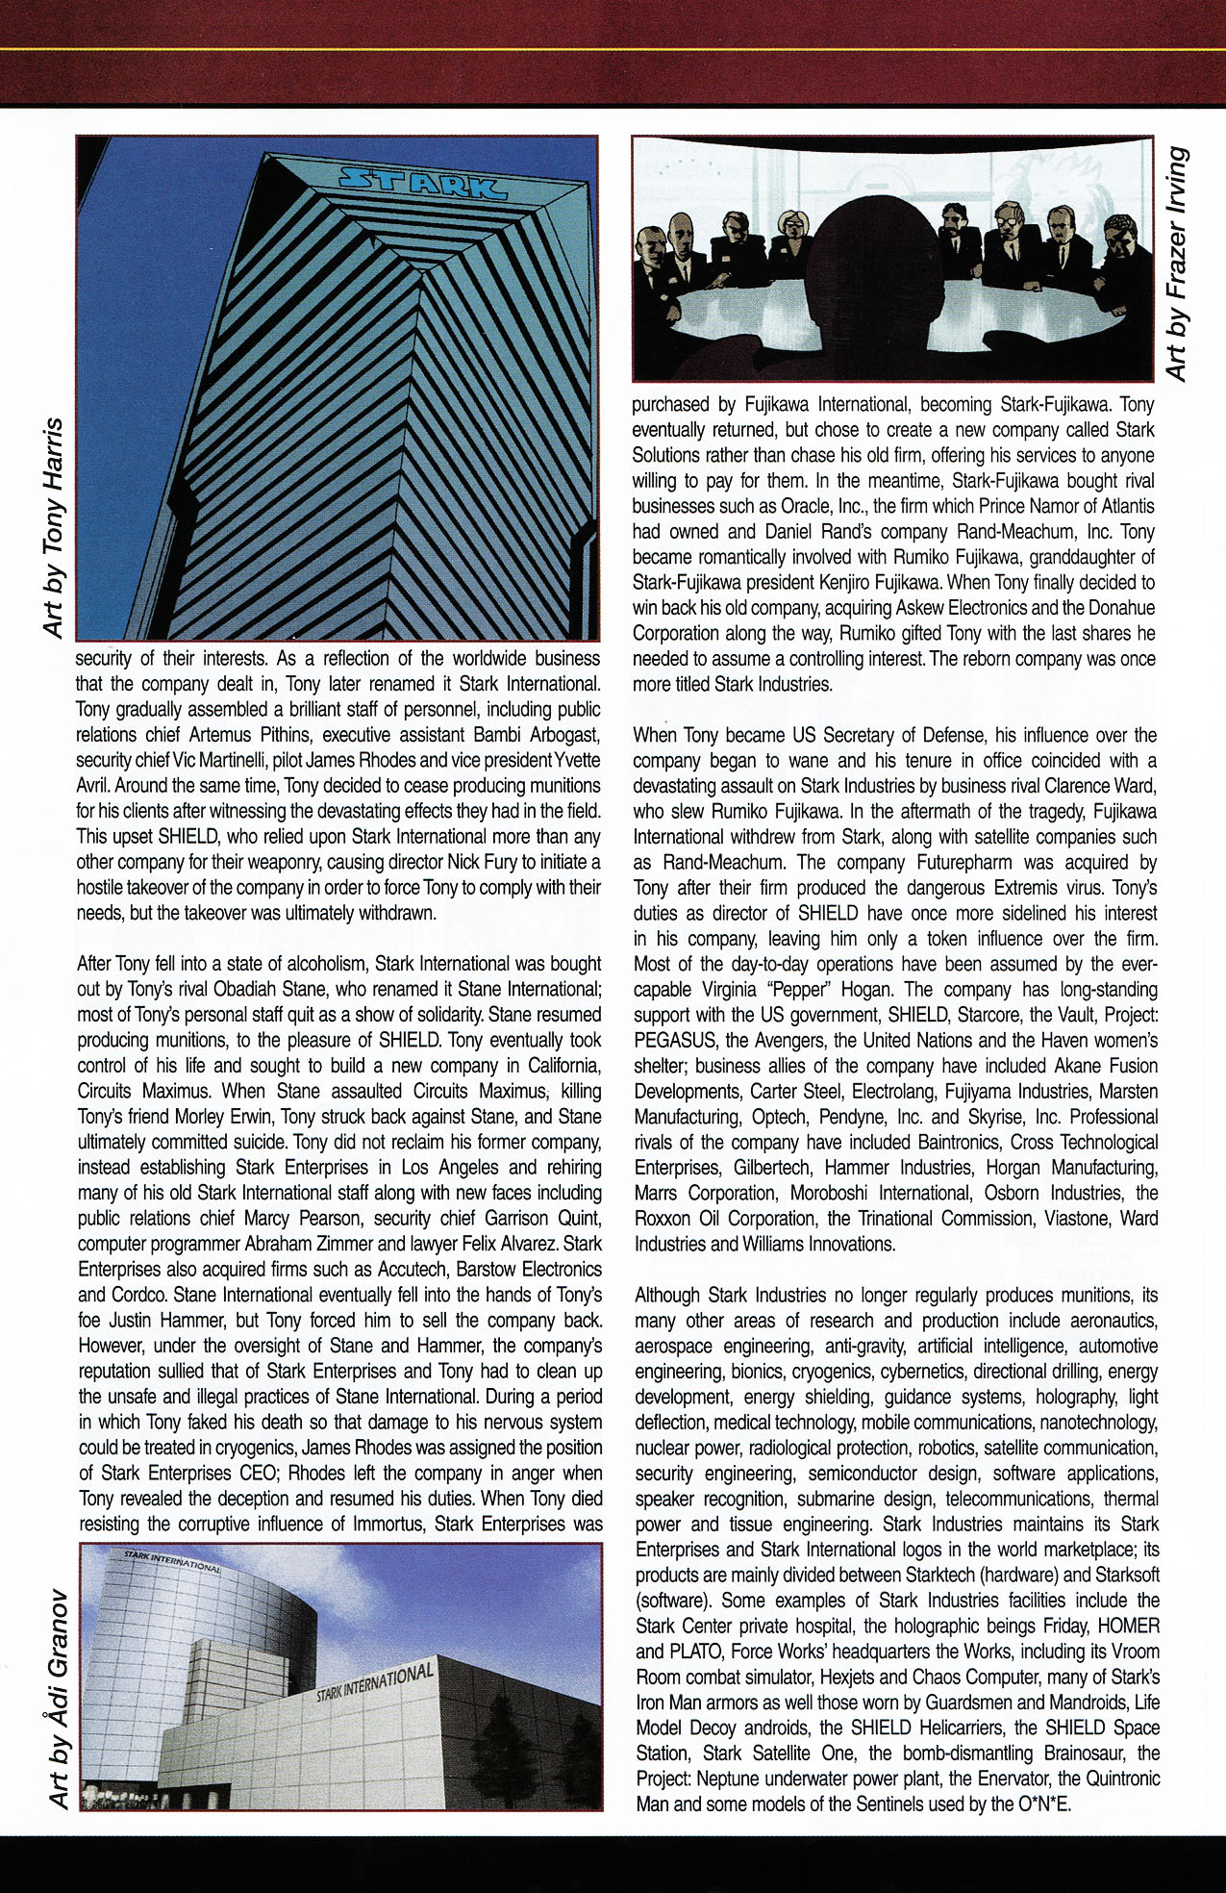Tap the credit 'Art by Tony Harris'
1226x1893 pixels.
coord(54,527)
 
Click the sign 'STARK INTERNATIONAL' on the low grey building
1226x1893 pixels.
coord(376,1678)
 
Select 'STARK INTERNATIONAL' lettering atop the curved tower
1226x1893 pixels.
coord(173,1560)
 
